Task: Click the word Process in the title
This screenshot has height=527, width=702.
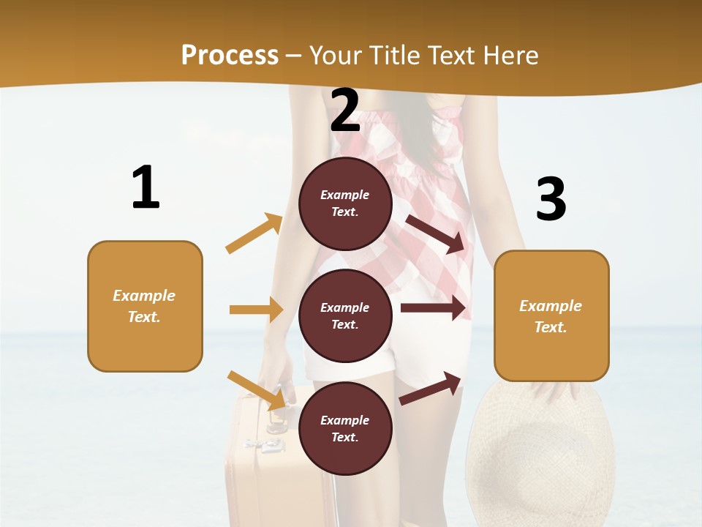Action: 230,55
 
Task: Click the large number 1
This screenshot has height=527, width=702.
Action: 145,188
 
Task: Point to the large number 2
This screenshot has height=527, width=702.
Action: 345,111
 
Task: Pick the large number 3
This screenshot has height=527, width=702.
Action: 551,199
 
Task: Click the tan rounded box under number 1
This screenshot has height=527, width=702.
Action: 145,306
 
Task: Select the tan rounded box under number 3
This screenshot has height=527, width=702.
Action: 551,315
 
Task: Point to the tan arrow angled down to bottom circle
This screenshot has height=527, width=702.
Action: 256,389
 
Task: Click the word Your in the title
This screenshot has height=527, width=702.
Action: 333,55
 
